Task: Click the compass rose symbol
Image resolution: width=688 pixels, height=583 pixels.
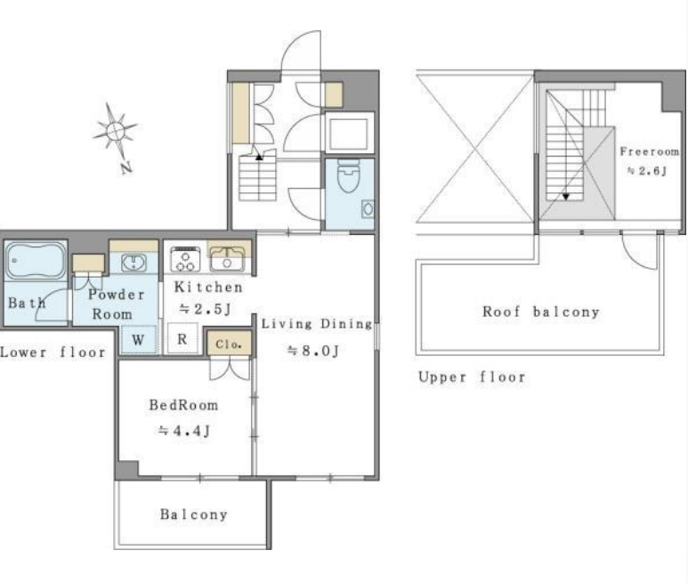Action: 115,131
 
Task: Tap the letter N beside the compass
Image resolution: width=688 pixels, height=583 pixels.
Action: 126,167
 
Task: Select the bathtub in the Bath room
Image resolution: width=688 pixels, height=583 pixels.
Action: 36,261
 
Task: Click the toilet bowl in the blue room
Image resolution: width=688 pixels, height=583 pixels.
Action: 348,176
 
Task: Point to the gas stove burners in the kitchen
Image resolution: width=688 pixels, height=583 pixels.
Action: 185,259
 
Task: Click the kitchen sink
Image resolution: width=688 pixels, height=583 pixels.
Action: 227,259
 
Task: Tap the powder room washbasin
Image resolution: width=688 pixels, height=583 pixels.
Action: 134,263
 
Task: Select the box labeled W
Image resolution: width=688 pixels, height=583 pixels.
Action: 139,339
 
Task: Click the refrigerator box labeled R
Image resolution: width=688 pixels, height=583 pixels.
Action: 182,338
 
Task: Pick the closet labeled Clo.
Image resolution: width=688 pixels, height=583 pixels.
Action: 230,343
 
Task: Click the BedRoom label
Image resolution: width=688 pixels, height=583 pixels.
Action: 183,405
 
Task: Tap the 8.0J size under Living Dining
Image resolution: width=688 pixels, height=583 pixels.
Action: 312,351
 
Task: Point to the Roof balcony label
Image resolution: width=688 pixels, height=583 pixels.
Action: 541,312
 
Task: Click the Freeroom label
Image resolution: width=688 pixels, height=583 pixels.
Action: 650,152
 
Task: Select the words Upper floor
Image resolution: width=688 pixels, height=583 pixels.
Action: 472,377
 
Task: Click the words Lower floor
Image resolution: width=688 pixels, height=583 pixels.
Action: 53,352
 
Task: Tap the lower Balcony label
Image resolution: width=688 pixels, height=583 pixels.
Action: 193,514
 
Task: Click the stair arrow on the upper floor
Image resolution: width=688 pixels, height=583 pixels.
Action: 566,197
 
